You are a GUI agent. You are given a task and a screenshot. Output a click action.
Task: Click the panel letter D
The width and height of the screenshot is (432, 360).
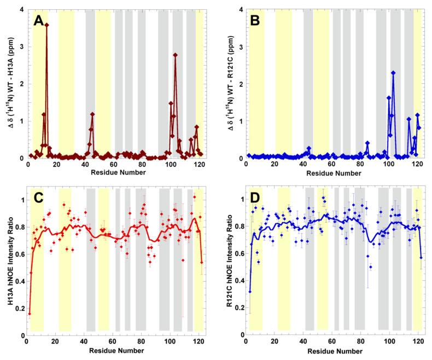click(258, 199)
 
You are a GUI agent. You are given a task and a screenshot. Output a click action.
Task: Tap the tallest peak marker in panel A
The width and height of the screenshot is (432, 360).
click(46, 25)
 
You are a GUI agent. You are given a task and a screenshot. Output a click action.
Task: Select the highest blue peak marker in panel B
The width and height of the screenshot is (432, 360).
click(393, 73)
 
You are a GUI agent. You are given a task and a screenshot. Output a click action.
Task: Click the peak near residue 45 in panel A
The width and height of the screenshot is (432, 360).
click(92, 114)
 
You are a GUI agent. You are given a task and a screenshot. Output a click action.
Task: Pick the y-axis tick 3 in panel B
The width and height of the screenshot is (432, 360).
click(239, 47)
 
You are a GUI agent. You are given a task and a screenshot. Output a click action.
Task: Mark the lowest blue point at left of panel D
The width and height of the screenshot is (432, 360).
click(250, 292)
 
